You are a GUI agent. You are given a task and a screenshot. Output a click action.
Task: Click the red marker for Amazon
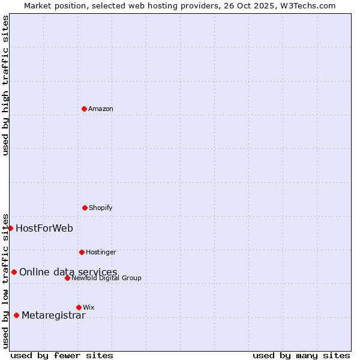coord(84,109)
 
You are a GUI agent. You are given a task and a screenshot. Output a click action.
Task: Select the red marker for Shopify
coord(85,208)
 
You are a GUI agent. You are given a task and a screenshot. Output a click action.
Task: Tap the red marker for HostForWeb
coord(10,228)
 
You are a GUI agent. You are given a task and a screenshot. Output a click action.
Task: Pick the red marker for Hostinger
coord(82,252)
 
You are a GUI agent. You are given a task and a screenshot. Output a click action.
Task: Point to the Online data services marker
coord(14,272)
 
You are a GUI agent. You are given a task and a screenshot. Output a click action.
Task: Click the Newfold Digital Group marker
coord(67,278)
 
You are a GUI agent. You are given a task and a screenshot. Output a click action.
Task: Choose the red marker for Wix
coord(79,307)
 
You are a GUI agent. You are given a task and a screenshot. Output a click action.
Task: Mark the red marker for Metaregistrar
coord(16,315)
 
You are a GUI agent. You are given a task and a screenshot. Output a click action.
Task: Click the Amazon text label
coord(101,109)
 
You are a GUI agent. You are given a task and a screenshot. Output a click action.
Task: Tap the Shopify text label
coord(101,208)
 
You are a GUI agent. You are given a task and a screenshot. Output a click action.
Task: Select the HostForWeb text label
coord(44,228)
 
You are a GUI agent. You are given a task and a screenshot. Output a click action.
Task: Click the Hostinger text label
coord(101,252)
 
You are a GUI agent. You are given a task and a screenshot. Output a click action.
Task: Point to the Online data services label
coord(68,272)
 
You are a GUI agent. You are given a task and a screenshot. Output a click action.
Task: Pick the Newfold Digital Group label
coord(106,278)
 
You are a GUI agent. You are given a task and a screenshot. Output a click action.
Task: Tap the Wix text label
coord(89,307)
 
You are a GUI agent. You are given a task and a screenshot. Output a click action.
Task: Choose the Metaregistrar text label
coord(53,315)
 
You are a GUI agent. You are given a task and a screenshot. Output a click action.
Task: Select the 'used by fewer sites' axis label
coord(62,355)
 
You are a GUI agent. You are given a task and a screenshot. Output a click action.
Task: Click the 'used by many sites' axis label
coord(301,355)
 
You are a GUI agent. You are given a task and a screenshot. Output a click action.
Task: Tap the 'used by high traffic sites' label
coord(5,85)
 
